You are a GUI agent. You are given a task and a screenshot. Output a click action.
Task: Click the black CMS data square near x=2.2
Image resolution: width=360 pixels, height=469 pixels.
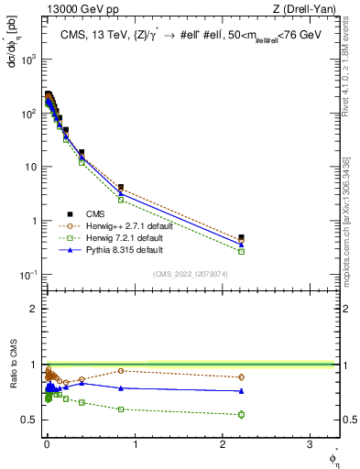pos(241,237)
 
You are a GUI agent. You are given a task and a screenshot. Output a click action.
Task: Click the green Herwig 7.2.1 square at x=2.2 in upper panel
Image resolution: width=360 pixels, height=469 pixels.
pos(241,251)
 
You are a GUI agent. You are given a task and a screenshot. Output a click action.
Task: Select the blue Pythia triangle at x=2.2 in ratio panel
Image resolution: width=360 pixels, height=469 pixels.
pos(241,391)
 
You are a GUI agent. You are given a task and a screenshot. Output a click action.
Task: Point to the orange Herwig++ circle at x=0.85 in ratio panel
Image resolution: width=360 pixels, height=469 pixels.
pos(121,371)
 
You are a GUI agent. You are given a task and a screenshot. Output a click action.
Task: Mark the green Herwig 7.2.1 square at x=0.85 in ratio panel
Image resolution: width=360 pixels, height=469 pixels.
pos(121,409)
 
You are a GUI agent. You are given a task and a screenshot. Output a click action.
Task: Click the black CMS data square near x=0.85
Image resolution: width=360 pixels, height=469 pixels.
pos(121,187)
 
